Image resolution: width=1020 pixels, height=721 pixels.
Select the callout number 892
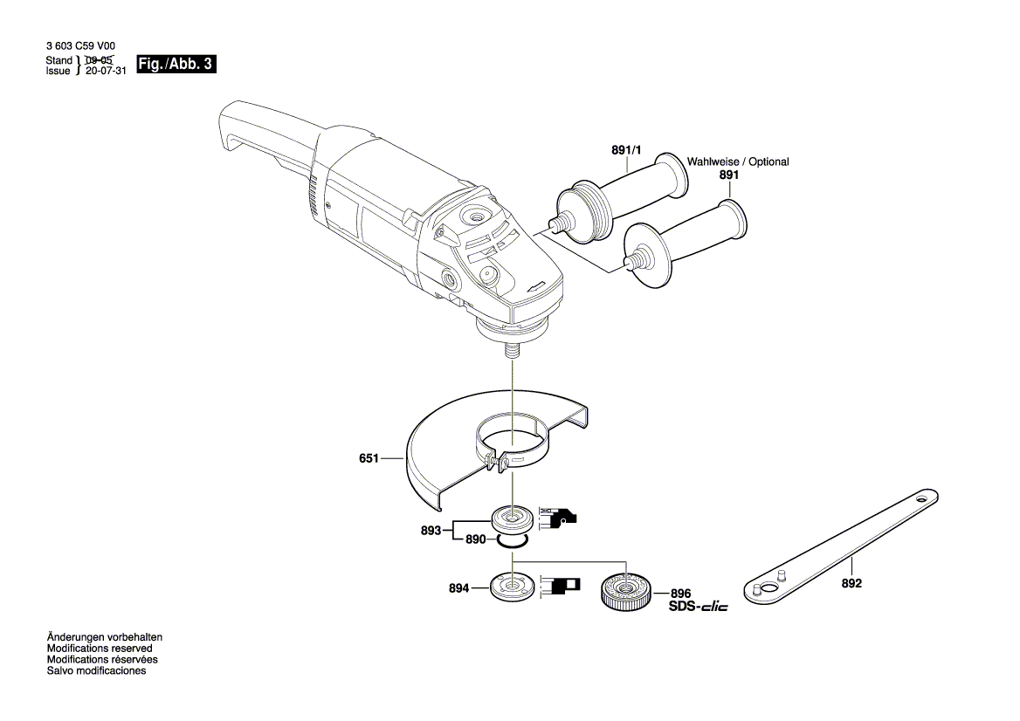pyautogui.click(x=852, y=583)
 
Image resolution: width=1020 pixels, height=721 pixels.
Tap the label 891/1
pyautogui.click(x=626, y=151)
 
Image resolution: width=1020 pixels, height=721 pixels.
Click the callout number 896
pyautogui.click(x=680, y=592)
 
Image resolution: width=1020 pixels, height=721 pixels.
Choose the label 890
pyautogui.click(x=475, y=540)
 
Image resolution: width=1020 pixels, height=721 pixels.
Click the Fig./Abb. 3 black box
pyautogui.click(x=176, y=65)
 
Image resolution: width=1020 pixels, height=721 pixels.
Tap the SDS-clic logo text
pyautogui.click(x=698, y=607)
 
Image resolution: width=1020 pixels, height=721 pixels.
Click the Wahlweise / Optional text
pyautogui.click(x=737, y=161)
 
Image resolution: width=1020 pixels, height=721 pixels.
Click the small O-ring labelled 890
pyautogui.click(x=512, y=541)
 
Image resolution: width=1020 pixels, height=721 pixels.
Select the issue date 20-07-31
pyautogui.click(x=107, y=72)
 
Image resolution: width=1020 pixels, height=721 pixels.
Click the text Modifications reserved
pyautogui.click(x=100, y=649)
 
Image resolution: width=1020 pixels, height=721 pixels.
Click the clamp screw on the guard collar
pyautogui.click(x=496, y=463)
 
